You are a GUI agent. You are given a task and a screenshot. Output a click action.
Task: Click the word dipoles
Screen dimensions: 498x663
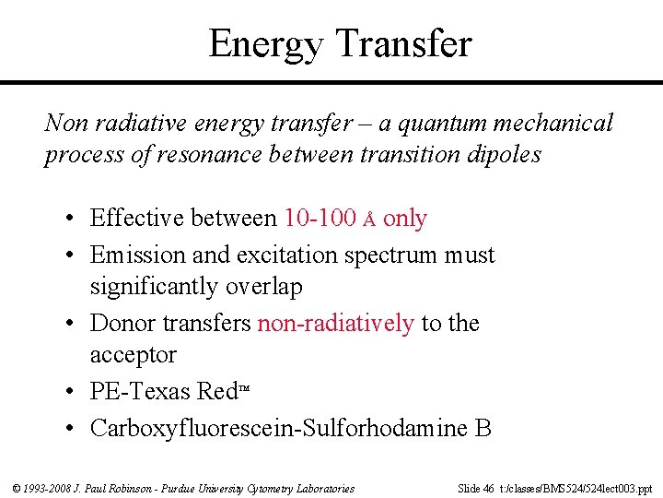[x=500, y=154]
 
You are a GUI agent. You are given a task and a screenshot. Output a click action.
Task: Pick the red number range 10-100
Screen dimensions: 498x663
[x=320, y=218]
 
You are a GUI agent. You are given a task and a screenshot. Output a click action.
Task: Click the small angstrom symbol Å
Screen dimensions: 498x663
[x=369, y=219]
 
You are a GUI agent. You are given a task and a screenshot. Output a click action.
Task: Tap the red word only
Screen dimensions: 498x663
[x=405, y=219]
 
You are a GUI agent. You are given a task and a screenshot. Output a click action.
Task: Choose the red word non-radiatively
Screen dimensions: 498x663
[x=336, y=323]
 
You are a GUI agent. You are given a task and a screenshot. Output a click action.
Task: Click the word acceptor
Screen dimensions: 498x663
[x=133, y=355]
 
